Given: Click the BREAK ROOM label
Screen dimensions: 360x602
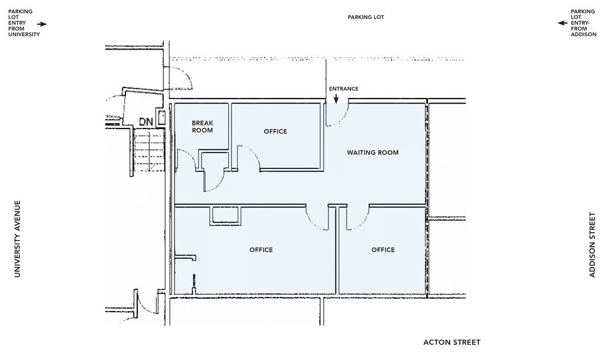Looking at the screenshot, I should click(202, 126).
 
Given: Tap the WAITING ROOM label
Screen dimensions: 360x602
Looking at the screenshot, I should click(372, 152).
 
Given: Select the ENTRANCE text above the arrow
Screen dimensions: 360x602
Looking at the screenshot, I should click(344, 89).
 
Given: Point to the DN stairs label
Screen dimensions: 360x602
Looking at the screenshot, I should click(145, 121).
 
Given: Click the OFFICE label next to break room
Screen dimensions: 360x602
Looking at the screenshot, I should click(275, 132).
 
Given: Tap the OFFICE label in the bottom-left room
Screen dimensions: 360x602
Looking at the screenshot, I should click(261, 250).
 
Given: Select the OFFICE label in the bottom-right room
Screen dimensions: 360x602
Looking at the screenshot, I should click(383, 250).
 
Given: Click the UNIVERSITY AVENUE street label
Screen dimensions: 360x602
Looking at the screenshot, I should click(18, 239).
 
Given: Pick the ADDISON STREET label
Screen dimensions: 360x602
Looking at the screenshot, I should click(592, 245).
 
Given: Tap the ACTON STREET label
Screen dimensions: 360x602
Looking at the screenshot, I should click(452, 342).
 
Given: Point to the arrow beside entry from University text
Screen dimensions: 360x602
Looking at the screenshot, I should click(42, 24).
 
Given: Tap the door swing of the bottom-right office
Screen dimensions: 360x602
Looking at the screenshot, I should click(356, 217).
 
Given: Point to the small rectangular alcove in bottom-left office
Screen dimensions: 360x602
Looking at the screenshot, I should click(225, 216).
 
